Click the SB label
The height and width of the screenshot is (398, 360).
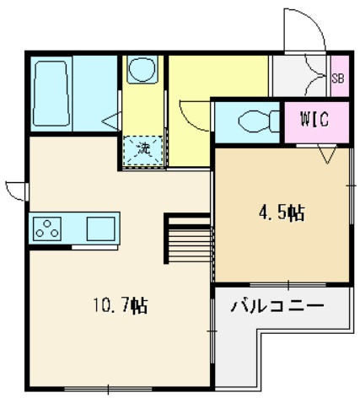338,78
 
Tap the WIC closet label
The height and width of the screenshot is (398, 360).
314,120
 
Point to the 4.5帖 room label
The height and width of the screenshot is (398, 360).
282,213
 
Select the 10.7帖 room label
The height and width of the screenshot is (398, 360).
121,305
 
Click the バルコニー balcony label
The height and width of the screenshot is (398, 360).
277,305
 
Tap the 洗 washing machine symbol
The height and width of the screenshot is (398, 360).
144,150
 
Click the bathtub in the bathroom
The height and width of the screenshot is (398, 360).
51,94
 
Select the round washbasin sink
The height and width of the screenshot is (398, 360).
142,69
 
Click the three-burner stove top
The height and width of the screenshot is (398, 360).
47,229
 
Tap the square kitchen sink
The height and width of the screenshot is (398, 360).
100,229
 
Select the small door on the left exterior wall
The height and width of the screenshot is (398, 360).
16,191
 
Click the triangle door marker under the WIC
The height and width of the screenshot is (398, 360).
327,153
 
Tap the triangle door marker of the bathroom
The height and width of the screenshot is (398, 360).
112,121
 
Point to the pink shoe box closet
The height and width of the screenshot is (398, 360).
340,76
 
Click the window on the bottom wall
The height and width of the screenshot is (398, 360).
108,390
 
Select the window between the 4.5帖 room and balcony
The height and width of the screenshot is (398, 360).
288,285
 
